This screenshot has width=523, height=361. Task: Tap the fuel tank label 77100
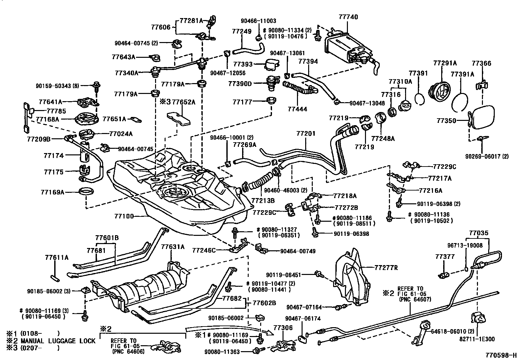(x=124, y=216)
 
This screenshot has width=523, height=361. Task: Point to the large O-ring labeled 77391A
(x=460, y=102)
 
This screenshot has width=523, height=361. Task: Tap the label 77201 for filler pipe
(x=306, y=134)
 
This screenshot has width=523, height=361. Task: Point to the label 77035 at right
(x=479, y=233)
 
